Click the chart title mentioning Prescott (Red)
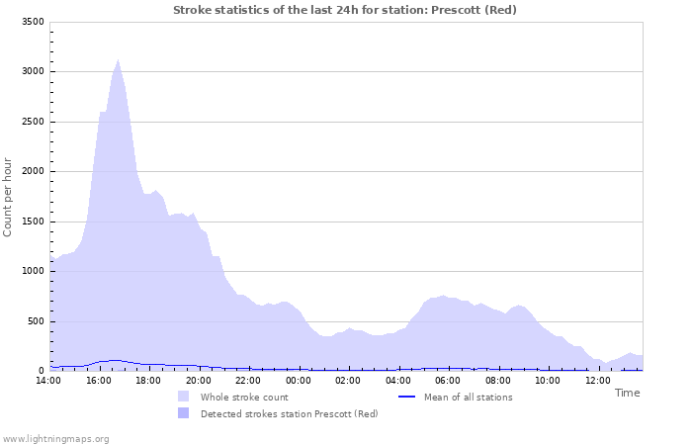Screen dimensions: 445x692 click(x=344, y=10)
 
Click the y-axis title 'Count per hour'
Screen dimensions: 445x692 click(x=9, y=196)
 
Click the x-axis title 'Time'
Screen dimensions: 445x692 click(x=627, y=393)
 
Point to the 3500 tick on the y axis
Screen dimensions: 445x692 click(x=32, y=22)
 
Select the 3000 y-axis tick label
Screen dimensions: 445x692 click(x=32, y=72)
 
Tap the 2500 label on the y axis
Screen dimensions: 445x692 click(x=32, y=122)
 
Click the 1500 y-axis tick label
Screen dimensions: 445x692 click(x=32, y=222)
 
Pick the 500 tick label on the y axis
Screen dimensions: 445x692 click(x=35, y=321)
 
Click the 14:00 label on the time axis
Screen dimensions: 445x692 click(x=48, y=380)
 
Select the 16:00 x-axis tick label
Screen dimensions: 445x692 click(x=99, y=380)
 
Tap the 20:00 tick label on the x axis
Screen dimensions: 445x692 click(x=199, y=380)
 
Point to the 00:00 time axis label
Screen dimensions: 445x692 click(x=299, y=380)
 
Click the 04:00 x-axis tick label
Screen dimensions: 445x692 click(x=398, y=380)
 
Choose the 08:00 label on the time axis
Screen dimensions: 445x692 click(x=498, y=380)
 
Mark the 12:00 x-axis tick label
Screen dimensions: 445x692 click(x=597, y=380)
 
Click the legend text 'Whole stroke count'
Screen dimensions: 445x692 click(x=244, y=397)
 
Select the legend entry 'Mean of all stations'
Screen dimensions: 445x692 click(x=468, y=397)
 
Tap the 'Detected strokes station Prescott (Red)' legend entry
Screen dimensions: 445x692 click(x=289, y=413)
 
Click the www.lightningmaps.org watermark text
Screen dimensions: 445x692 click(x=55, y=438)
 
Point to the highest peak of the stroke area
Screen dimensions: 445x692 click(x=118, y=60)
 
